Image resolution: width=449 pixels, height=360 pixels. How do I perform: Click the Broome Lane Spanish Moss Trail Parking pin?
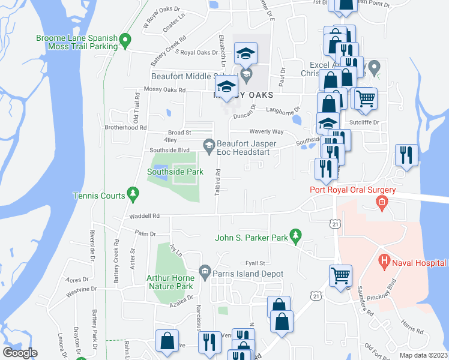(125, 41)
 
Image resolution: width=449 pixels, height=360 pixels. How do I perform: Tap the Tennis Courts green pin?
(133, 194)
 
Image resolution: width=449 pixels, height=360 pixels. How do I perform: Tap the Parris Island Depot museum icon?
(204, 273)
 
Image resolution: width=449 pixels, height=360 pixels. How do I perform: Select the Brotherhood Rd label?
(125, 127)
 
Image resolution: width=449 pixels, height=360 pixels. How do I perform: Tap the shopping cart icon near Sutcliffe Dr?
(365, 98)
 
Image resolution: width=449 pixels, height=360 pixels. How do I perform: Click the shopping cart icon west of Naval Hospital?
(340, 275)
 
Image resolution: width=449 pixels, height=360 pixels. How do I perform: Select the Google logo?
(20, 352)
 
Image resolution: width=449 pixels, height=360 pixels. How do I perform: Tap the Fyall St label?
(255, 263)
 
